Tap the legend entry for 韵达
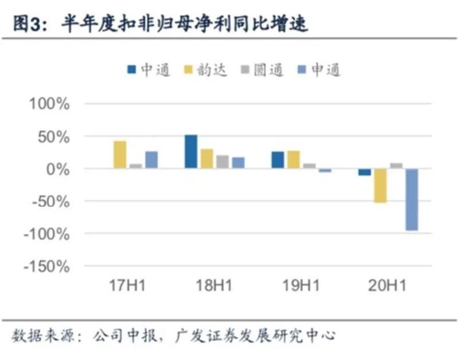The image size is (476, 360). coord(206,70)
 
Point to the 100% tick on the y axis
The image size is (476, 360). coord(49,104)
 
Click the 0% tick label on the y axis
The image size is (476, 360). coord(57,169)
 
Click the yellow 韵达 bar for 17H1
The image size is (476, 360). coord(120,155)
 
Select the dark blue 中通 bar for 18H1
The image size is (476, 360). coord(191,152)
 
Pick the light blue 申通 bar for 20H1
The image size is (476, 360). coord(411,199)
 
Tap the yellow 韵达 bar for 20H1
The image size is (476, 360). coord(380,186)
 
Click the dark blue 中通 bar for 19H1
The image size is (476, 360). coord(278,160)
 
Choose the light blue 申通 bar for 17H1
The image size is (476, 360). coord(151,160)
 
